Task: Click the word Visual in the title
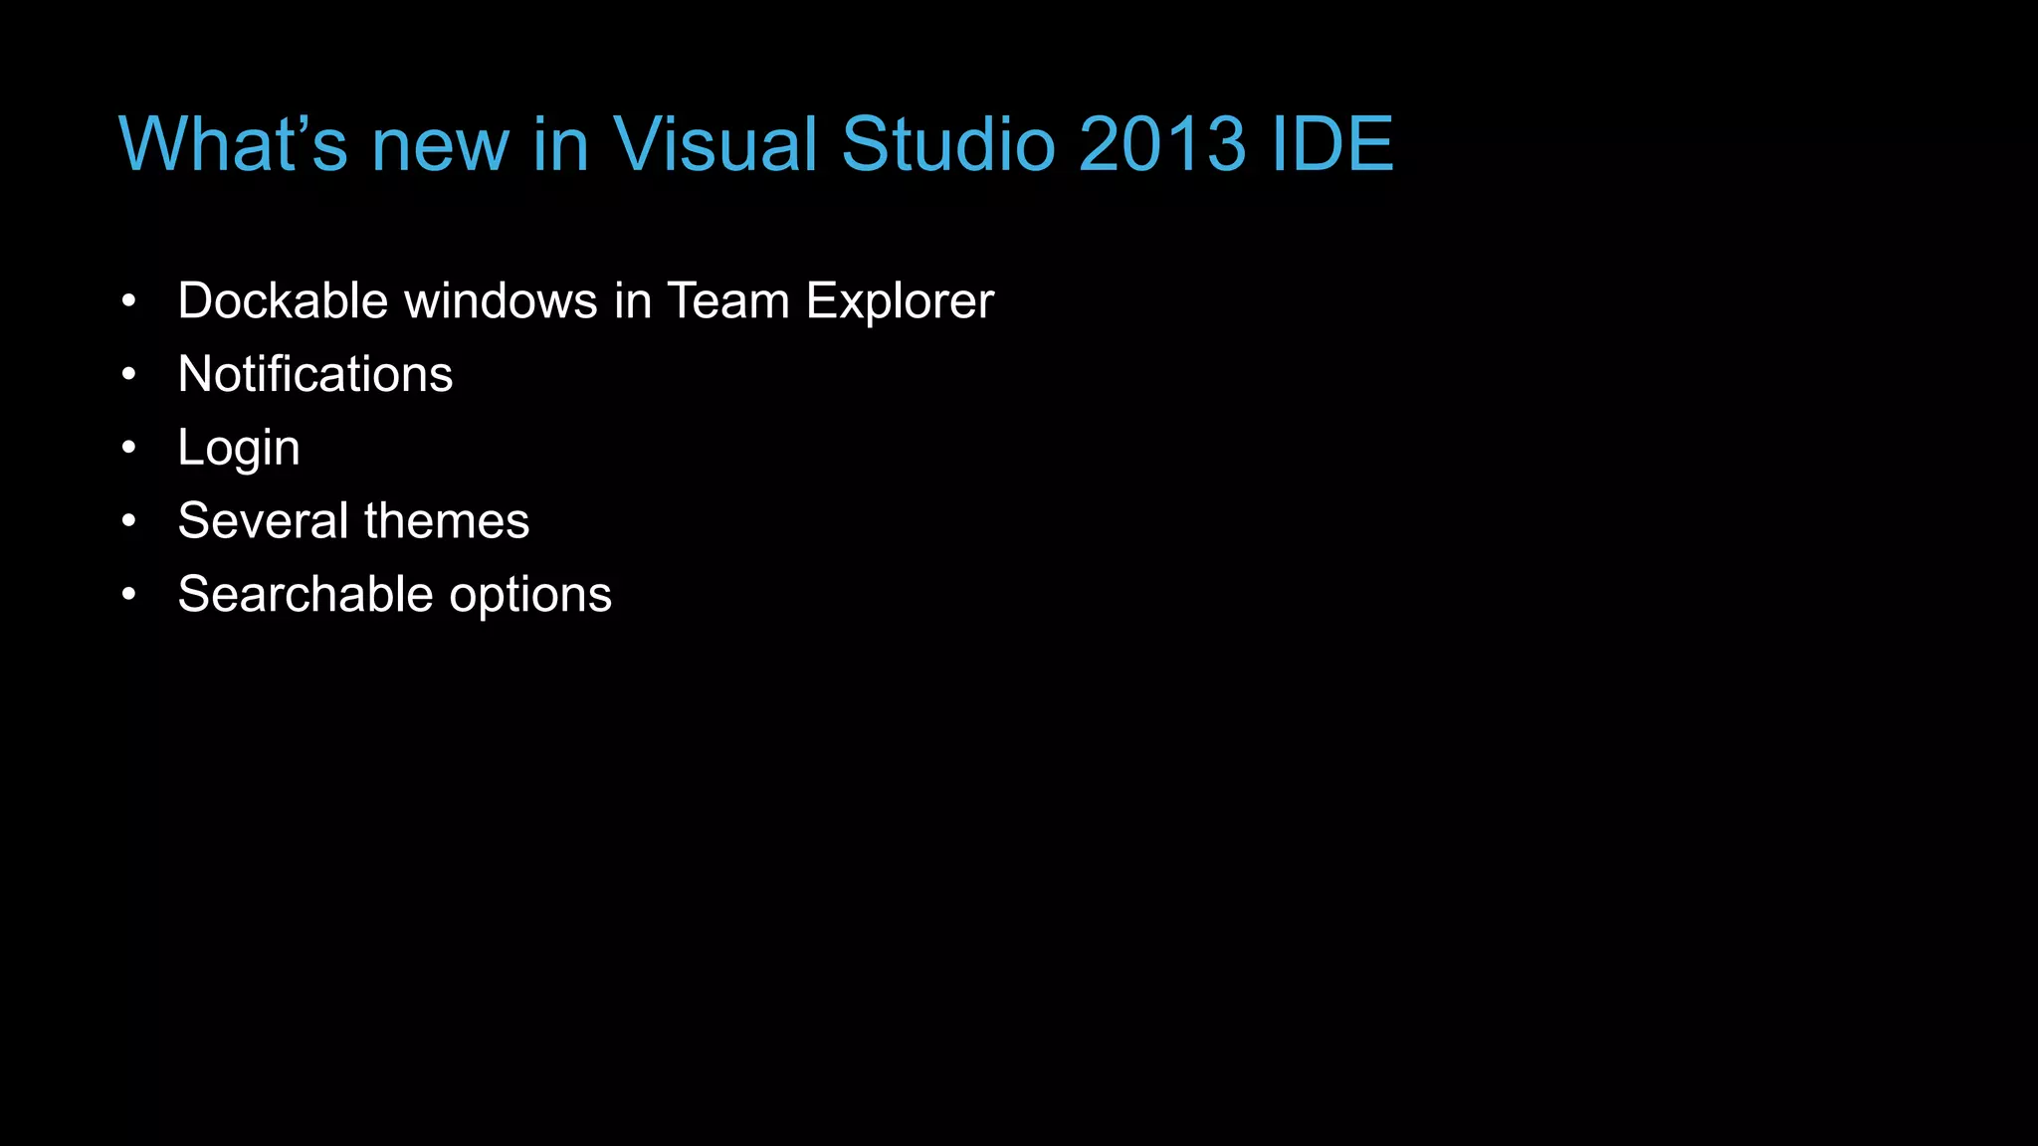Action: coord(713,144)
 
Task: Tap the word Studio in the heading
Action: coord(947,144)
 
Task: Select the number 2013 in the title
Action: coord(1161,144)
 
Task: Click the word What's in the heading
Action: coord(233,144)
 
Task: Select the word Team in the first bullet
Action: coord(727,300)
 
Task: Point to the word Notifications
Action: coord(314,374)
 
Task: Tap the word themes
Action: coord(447,520)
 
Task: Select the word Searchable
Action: coord(306,594)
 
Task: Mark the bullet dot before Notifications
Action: coord(128,374)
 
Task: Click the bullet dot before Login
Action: coord(128,448)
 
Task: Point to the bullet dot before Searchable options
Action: coord(128,594)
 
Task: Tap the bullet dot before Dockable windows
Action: coord(128,300)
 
